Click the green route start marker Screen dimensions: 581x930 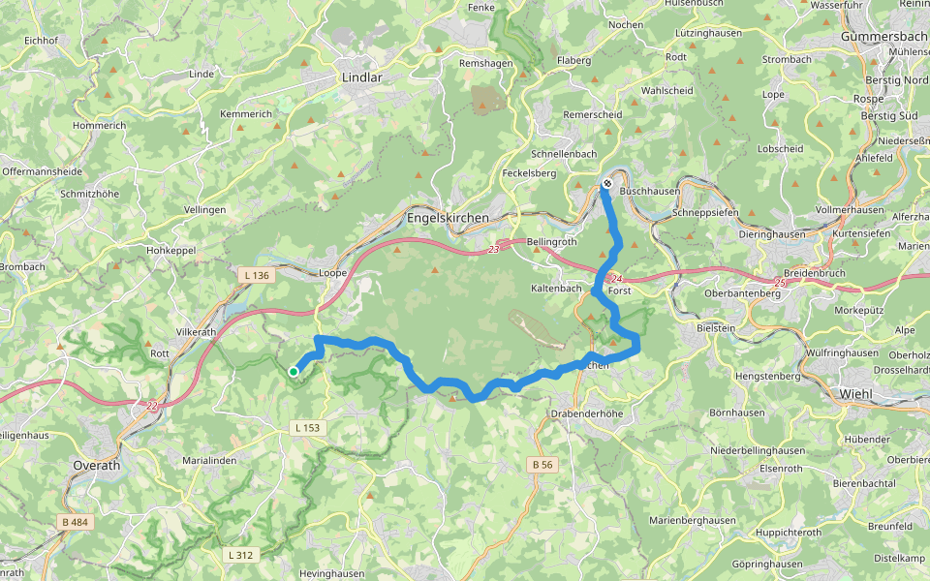pyautogui.click(x=294, y=370)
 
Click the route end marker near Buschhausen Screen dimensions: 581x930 pyautogui.click(x=607, y=183)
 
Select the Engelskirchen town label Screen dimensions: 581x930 pyautogui.click(x=449, y=218)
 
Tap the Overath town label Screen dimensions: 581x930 pyautogui.click(x=97, y=465)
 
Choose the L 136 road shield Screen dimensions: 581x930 pyautogui.click(x=257, y=276)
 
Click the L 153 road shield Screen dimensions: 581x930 pyautogui.click(x=306, y=427)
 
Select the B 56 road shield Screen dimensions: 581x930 pyautogui.click(x=542, y=465)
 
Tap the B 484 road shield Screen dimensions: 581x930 pyautogui.click(x=75, y=523)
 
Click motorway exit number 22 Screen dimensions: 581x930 pyautogui.click(x=151, y=406)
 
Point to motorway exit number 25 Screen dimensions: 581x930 pyautogui.click(x=780, y=283)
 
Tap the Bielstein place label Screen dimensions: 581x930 pyautogui.click(x=716, y=328)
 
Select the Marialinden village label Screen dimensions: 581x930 pyautogui.click(x=209, y=460)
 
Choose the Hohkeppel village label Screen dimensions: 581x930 pyautogui.click(x=170, y=251)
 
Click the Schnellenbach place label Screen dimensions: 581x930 pyautogui.click(x=564, y=154)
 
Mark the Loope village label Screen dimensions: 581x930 pyautogui.click(x=333, y=273)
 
